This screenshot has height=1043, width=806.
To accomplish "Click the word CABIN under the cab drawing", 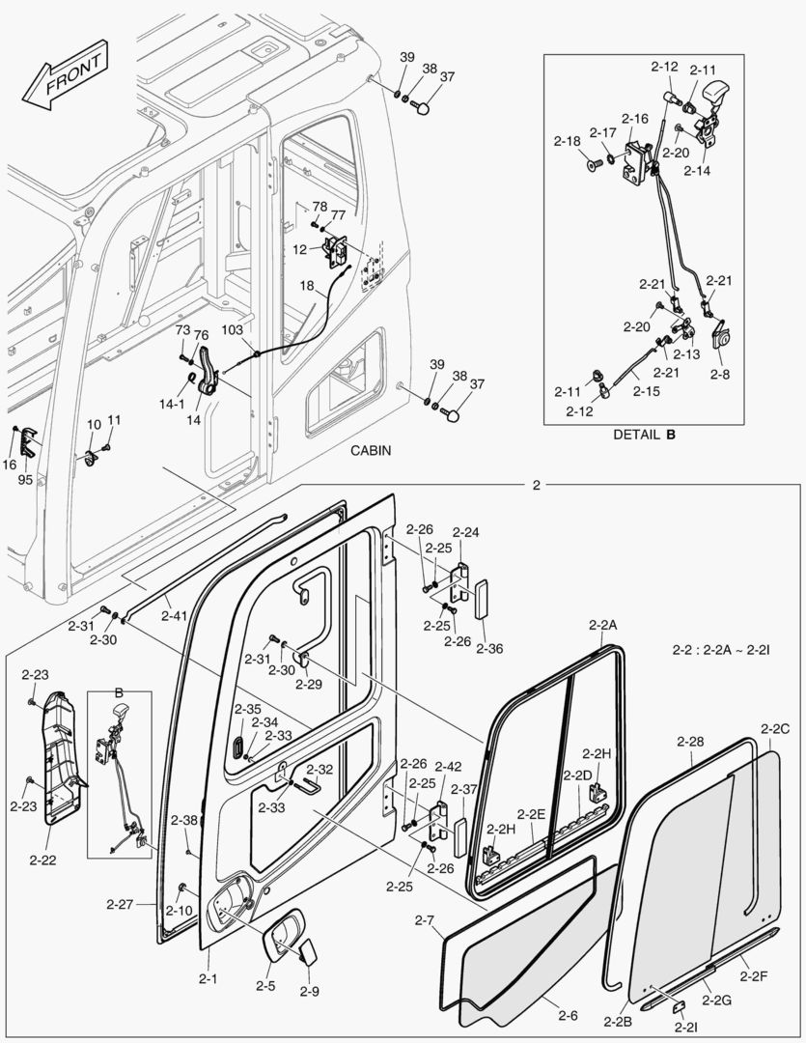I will pos(370,450).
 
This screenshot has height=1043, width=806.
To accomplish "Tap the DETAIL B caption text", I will pos(645,435).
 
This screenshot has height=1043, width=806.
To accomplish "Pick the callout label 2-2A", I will pos(602,626).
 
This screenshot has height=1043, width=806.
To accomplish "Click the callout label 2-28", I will pos(690,742).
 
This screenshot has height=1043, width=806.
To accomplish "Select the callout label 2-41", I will pos(175,614).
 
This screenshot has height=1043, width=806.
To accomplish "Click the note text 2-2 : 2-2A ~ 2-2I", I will pos(720,651).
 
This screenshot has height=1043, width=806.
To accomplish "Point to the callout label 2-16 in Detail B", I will pos(634,118).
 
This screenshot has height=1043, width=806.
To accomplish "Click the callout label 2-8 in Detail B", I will pos(720,373).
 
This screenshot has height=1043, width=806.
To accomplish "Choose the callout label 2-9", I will pos(309,992).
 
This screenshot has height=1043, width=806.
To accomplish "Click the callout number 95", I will pos(24,479).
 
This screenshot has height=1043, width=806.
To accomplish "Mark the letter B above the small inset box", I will pos(119,692).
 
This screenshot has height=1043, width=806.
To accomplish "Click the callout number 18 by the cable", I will pos(306,286).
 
